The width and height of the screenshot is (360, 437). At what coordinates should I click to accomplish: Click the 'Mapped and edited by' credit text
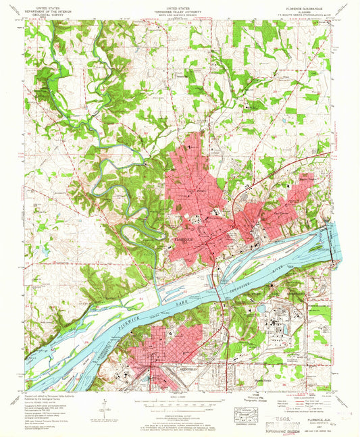pos(46,395)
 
